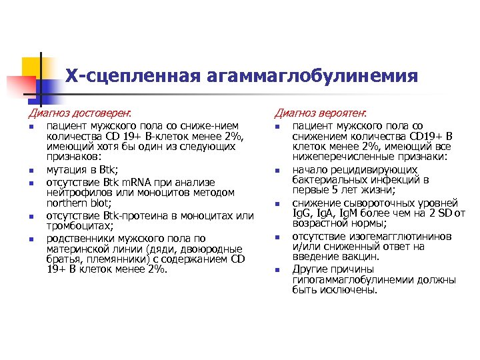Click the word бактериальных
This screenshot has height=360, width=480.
(x=326, y=180)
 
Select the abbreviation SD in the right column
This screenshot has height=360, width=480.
(x=445, y=213)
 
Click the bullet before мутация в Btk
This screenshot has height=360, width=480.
(x=31, y=171)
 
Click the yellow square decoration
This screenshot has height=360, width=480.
(x=31, y=67)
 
